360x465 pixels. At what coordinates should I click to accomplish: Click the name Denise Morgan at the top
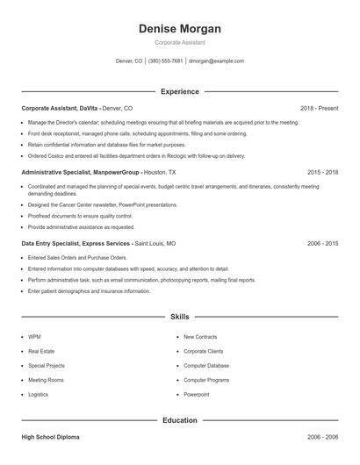179,29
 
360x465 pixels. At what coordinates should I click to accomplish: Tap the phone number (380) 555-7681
165,61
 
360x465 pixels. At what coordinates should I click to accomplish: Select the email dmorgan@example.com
216,61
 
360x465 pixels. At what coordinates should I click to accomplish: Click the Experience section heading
179,91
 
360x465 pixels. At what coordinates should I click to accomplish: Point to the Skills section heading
179,316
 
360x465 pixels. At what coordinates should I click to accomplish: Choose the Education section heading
179,420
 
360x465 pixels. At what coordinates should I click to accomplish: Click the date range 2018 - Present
319,108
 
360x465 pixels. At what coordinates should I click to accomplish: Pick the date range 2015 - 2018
322,173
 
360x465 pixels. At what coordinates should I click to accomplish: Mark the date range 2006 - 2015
322,243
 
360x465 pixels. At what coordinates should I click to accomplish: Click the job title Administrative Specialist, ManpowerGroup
80,173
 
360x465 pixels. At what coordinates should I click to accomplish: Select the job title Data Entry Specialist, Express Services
76,243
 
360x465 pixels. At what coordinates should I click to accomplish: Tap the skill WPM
34,336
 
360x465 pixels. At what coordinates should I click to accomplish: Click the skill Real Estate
40,351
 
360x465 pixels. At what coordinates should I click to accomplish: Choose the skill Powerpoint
196,395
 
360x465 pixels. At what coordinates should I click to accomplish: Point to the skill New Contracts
200,336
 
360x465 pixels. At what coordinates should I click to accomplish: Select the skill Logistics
38,395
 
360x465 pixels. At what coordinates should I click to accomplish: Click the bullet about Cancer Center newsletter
96,204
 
